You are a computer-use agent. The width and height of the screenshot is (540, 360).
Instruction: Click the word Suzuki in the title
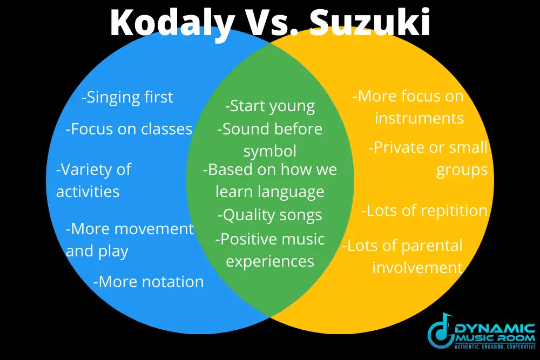(369, 22)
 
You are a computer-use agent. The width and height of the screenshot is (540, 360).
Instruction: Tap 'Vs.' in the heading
(272, 22)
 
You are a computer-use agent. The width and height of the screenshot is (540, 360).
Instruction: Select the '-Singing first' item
(127, 97)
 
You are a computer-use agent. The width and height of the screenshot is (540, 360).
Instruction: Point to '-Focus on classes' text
(129, 129)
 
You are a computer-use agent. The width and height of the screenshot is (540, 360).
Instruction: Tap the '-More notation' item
(148, 282)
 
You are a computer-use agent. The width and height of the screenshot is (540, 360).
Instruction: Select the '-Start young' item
(269, 106)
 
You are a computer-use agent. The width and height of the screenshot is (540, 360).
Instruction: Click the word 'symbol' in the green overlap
(269, 152)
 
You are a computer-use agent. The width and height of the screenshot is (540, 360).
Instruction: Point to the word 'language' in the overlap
(292, 192)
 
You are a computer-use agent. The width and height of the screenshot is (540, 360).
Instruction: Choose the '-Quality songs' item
(269, 215)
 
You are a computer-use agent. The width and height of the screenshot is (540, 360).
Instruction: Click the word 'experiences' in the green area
(269, 262)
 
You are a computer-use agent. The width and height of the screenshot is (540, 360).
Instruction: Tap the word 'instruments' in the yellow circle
(419, 118)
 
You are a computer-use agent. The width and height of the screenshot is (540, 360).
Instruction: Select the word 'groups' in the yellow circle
(462, 170)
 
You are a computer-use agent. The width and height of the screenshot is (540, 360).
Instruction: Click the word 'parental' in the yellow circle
(432, 246)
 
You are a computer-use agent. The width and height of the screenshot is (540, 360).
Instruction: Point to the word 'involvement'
(417, 268)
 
